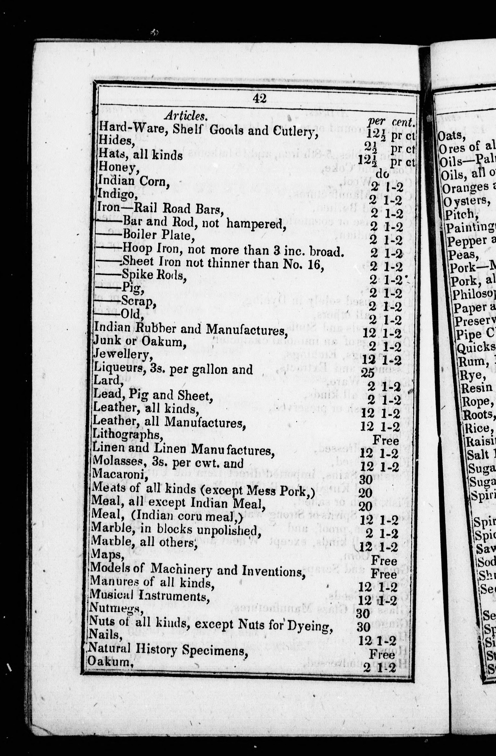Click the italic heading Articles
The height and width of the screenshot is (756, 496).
[x=186, y=116]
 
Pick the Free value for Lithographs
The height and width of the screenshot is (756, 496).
[x=385, y=440]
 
